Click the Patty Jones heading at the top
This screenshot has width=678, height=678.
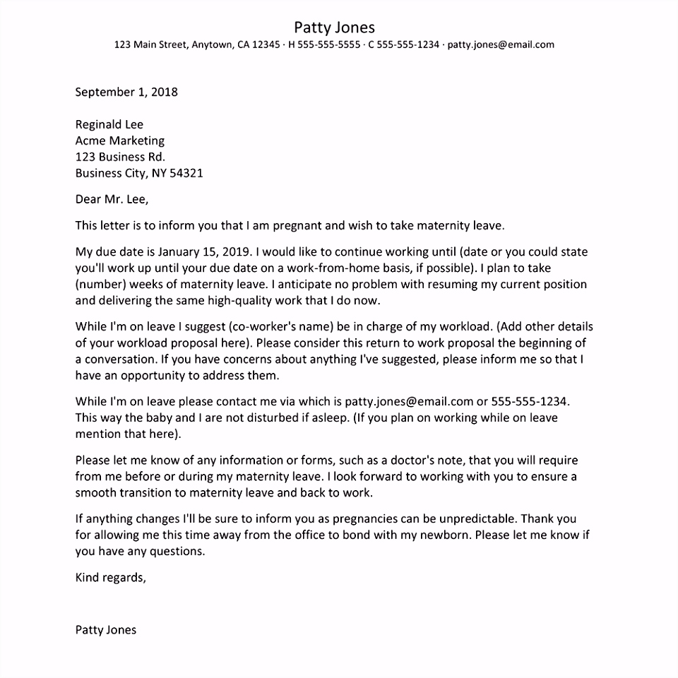[x=334, y=28]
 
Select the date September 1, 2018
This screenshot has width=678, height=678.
[x=126, y=92]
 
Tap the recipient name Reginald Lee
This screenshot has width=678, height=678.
[x=109, y=125]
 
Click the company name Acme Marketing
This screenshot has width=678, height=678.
[x=120, y=141]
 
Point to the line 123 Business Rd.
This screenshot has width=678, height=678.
[x=120, y=157]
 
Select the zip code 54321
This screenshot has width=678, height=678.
[x=186, y=173]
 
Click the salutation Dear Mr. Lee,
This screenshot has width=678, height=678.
[x=112, y=199]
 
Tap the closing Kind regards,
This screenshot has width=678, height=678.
[x=111, y=577]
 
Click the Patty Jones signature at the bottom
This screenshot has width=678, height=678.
[x=106, y=629]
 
